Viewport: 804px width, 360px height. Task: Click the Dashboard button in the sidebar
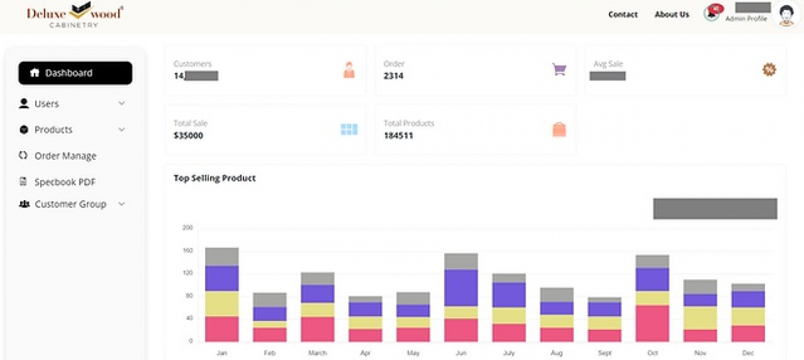[x=75, y=73]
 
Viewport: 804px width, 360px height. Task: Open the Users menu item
[x=47, y=104]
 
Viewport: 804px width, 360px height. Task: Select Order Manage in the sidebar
[x=65, y=156]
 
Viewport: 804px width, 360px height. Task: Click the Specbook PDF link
[x=65, y=182]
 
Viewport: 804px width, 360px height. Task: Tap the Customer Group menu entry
[x=70, y=204]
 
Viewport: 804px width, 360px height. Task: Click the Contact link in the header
[x=623, y=14]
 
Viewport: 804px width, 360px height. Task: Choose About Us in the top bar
[x=672, y=14]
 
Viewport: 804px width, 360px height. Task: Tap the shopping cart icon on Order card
[x=559, y=70]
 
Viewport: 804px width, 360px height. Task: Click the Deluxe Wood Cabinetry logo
[x=74, y=15]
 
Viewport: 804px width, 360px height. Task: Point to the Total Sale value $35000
[x=188, y=135]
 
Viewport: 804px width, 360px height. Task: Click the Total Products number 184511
[x=398, y=135]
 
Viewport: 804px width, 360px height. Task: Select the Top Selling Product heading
[x=214, y=178]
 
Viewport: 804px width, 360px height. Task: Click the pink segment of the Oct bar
[x=652, y=323]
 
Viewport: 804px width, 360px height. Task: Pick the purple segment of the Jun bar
[x=461, y=288]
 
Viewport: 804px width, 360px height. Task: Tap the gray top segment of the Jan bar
[x=222, y=256]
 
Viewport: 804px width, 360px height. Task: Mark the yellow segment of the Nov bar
[x=700, y=318]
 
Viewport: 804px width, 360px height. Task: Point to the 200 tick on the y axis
[x=188, y=228]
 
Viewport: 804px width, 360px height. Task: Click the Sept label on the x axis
[x=604, y=354]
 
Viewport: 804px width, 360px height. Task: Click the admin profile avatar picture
[x=786, y=15]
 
